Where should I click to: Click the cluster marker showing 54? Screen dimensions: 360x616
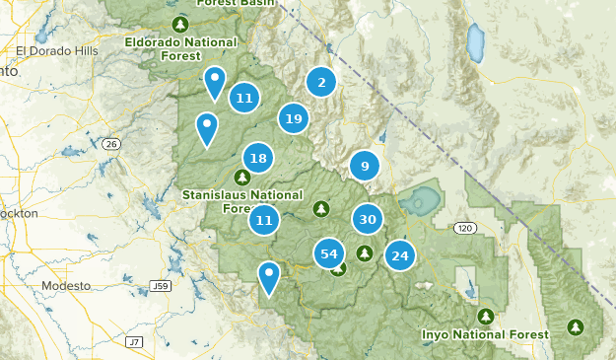tap(329, 253)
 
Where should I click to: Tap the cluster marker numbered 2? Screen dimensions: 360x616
tap(320, 83)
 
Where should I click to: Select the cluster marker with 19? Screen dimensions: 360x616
tap(292, 119)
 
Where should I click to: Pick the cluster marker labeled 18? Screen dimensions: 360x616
tap(258, 158)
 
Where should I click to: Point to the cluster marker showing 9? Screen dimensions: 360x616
tap(365, 166)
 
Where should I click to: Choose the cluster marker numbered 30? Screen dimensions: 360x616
tap(368, 220)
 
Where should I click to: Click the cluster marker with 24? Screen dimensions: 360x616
tap(400, 256)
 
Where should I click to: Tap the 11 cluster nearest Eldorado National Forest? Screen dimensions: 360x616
tap(244, 98)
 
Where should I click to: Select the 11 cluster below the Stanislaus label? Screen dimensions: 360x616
tap(263, 221)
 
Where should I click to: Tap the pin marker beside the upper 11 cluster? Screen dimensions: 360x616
tap(214, 83)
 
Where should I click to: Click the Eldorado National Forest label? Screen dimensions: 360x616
tap(181, 49)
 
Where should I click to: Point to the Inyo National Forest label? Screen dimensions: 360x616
tap(485, 334)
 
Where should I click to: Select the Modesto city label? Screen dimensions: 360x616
tap(65, 285)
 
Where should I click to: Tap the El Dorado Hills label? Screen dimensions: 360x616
tap(57, 50)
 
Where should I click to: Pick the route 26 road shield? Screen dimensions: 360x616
tap(110, 144)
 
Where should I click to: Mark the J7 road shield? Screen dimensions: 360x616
tap(134, 341)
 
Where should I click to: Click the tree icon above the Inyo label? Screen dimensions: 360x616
tap(486, 316)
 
